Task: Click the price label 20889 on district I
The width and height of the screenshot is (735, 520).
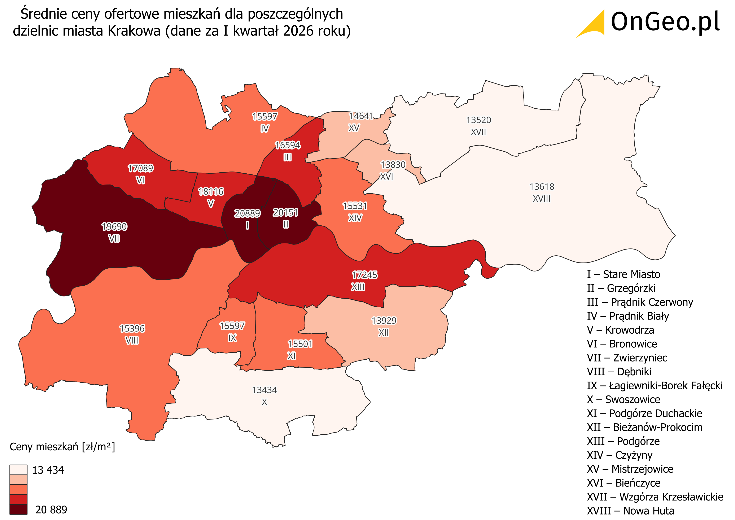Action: (247, 213)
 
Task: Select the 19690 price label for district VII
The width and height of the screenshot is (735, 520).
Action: (114, 226)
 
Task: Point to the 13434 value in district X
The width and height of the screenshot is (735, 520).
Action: (264, 390)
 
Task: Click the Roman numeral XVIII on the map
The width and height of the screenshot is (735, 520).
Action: (541, 199)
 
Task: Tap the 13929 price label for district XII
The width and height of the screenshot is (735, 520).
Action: (384, 321)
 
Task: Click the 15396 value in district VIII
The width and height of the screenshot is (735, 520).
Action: (132, 329)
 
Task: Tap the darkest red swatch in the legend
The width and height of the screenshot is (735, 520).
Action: (18, 509)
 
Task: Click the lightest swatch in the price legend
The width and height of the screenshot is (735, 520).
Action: (18, 470)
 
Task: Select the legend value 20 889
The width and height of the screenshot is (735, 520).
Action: (51, 510)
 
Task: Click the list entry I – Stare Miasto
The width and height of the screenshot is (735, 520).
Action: (623, 274)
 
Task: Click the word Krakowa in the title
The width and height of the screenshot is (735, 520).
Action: (134, 31)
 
